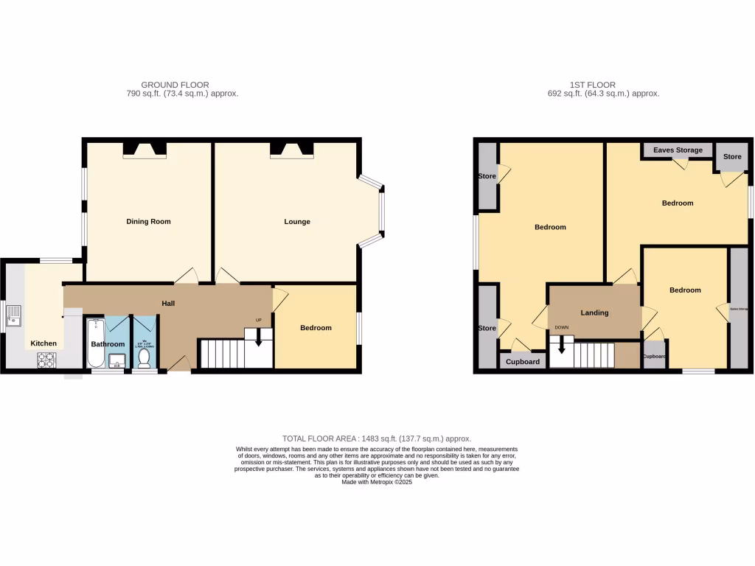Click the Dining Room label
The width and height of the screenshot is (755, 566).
tap(148, 221)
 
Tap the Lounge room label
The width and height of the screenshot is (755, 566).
tap(297, 221)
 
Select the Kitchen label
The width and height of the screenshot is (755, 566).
tap(43, 343)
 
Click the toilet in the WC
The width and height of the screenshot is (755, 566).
tap(145, 357)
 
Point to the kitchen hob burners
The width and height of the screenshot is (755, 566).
tap(47, 360)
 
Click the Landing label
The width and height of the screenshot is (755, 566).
tap(594, 312)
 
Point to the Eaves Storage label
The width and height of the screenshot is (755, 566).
tap(678, 150)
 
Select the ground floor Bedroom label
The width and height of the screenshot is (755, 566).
tap(316, 328)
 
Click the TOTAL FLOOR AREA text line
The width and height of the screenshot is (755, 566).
tap(377, 439)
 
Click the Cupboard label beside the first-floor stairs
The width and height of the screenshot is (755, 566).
tap(523, 362)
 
